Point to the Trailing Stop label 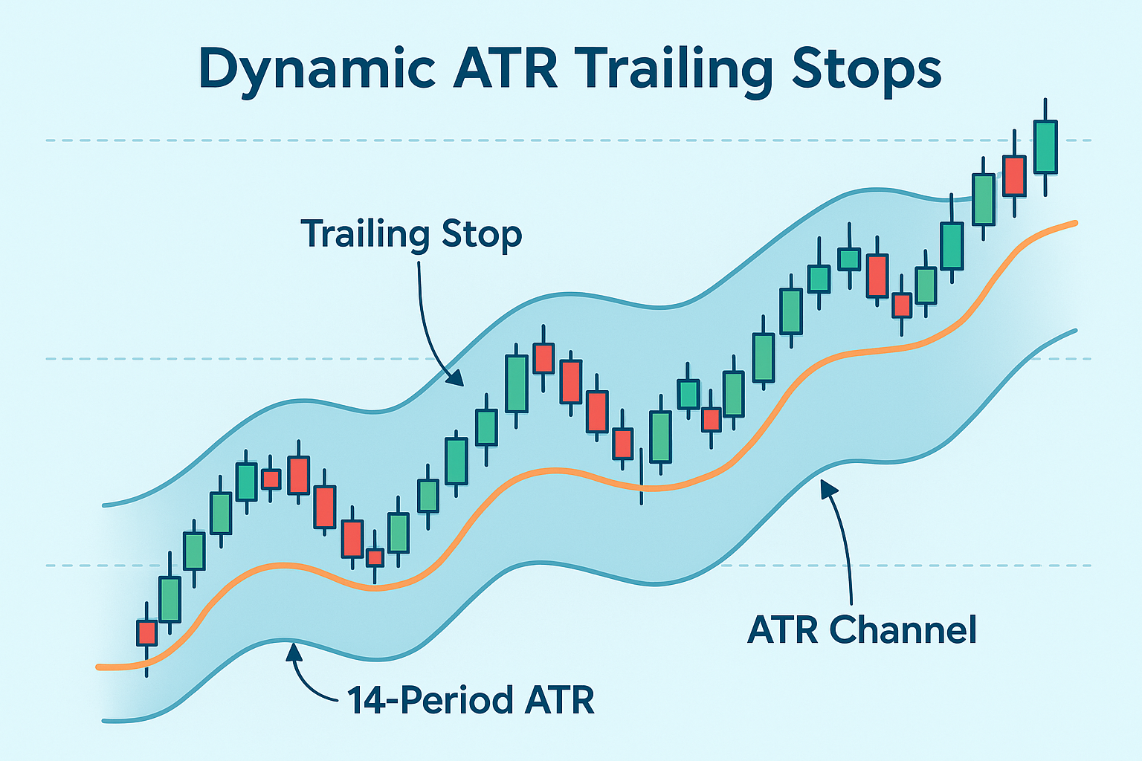coord(411,235)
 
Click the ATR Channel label coord(862,630)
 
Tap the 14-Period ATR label coord(471,700)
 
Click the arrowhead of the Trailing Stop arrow coord(456,378)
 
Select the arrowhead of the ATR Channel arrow coord(828,488)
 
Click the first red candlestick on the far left coord(146,633)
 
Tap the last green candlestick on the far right coord(1045,147)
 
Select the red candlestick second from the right coord(1015,176)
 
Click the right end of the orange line coord(1075,223)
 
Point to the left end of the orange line coord(99,667)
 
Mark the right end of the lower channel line coord(1076,330)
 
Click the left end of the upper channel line coord(104,505)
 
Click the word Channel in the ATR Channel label coord(903,630)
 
